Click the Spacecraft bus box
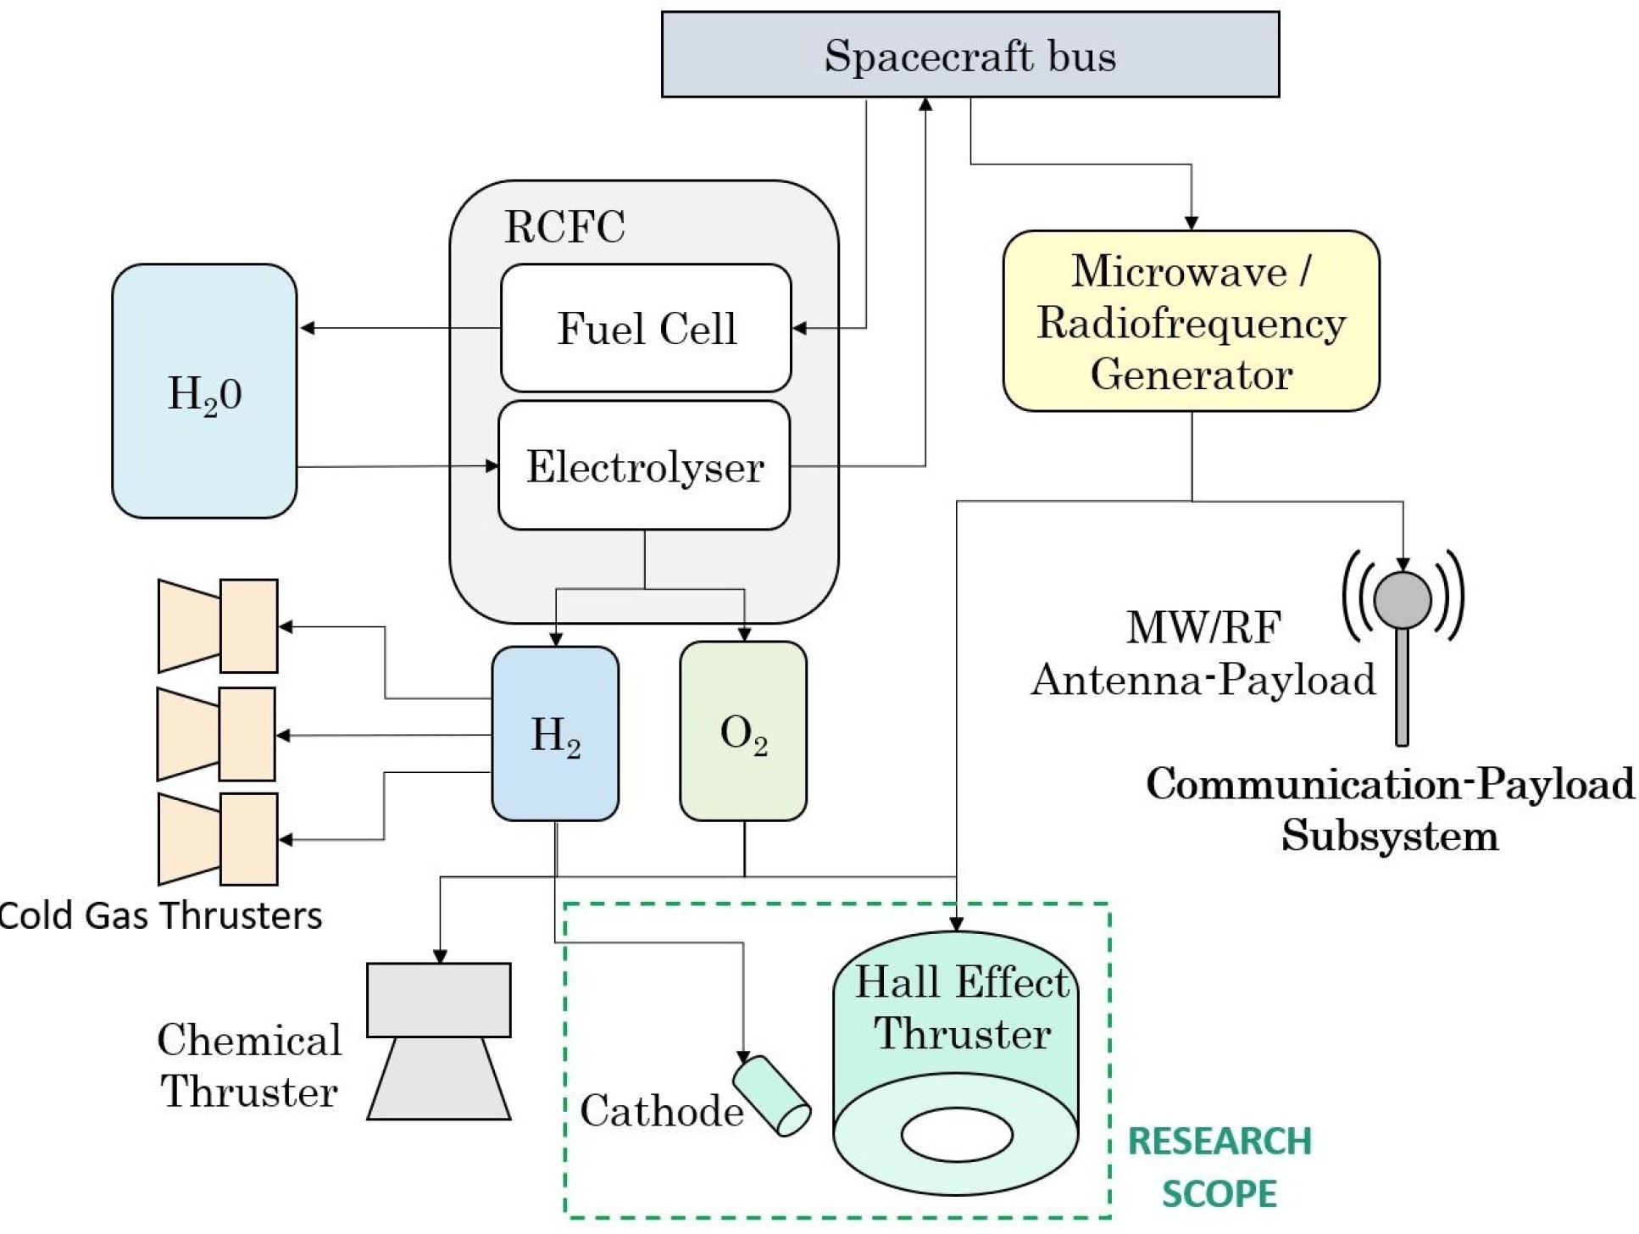pyautogui.click(x=970, y=54)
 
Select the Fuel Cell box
pyautogui.click(x=646, y=328)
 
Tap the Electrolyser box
pyautogui.click(x=644, y=466)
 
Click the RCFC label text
pyautogui.click(x=564, y=226)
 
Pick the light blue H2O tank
pyautogui.click(x=204, y=392)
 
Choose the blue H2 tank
pyautogui.click(x=555, y=734)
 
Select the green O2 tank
pyautogui.click(x=743, y=731)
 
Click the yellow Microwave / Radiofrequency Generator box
pyautogui.click(x=1191, y=321)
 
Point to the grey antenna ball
pyautogui.click(x=1403, y=599)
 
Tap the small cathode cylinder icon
pyautogui.click(x=771, y=1095)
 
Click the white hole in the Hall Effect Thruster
pyautogui.click(x=957, y=1134)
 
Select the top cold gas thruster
pyautogui.click(x=218, y=626)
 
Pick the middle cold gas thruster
pyautogui.click(x=217, y=734)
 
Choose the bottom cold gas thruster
pyautogui.click(x=218, y=839)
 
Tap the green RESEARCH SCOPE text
pyautogui.click(x=1220, y=1167)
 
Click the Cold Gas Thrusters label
pyautogui.click(x=160, y=916)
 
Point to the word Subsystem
pyautogui.click(x=1390, y=836)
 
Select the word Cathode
pyautogui.click(x=662, y=1111)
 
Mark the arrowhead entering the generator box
pyautogui.click(x=1192, y=223)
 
